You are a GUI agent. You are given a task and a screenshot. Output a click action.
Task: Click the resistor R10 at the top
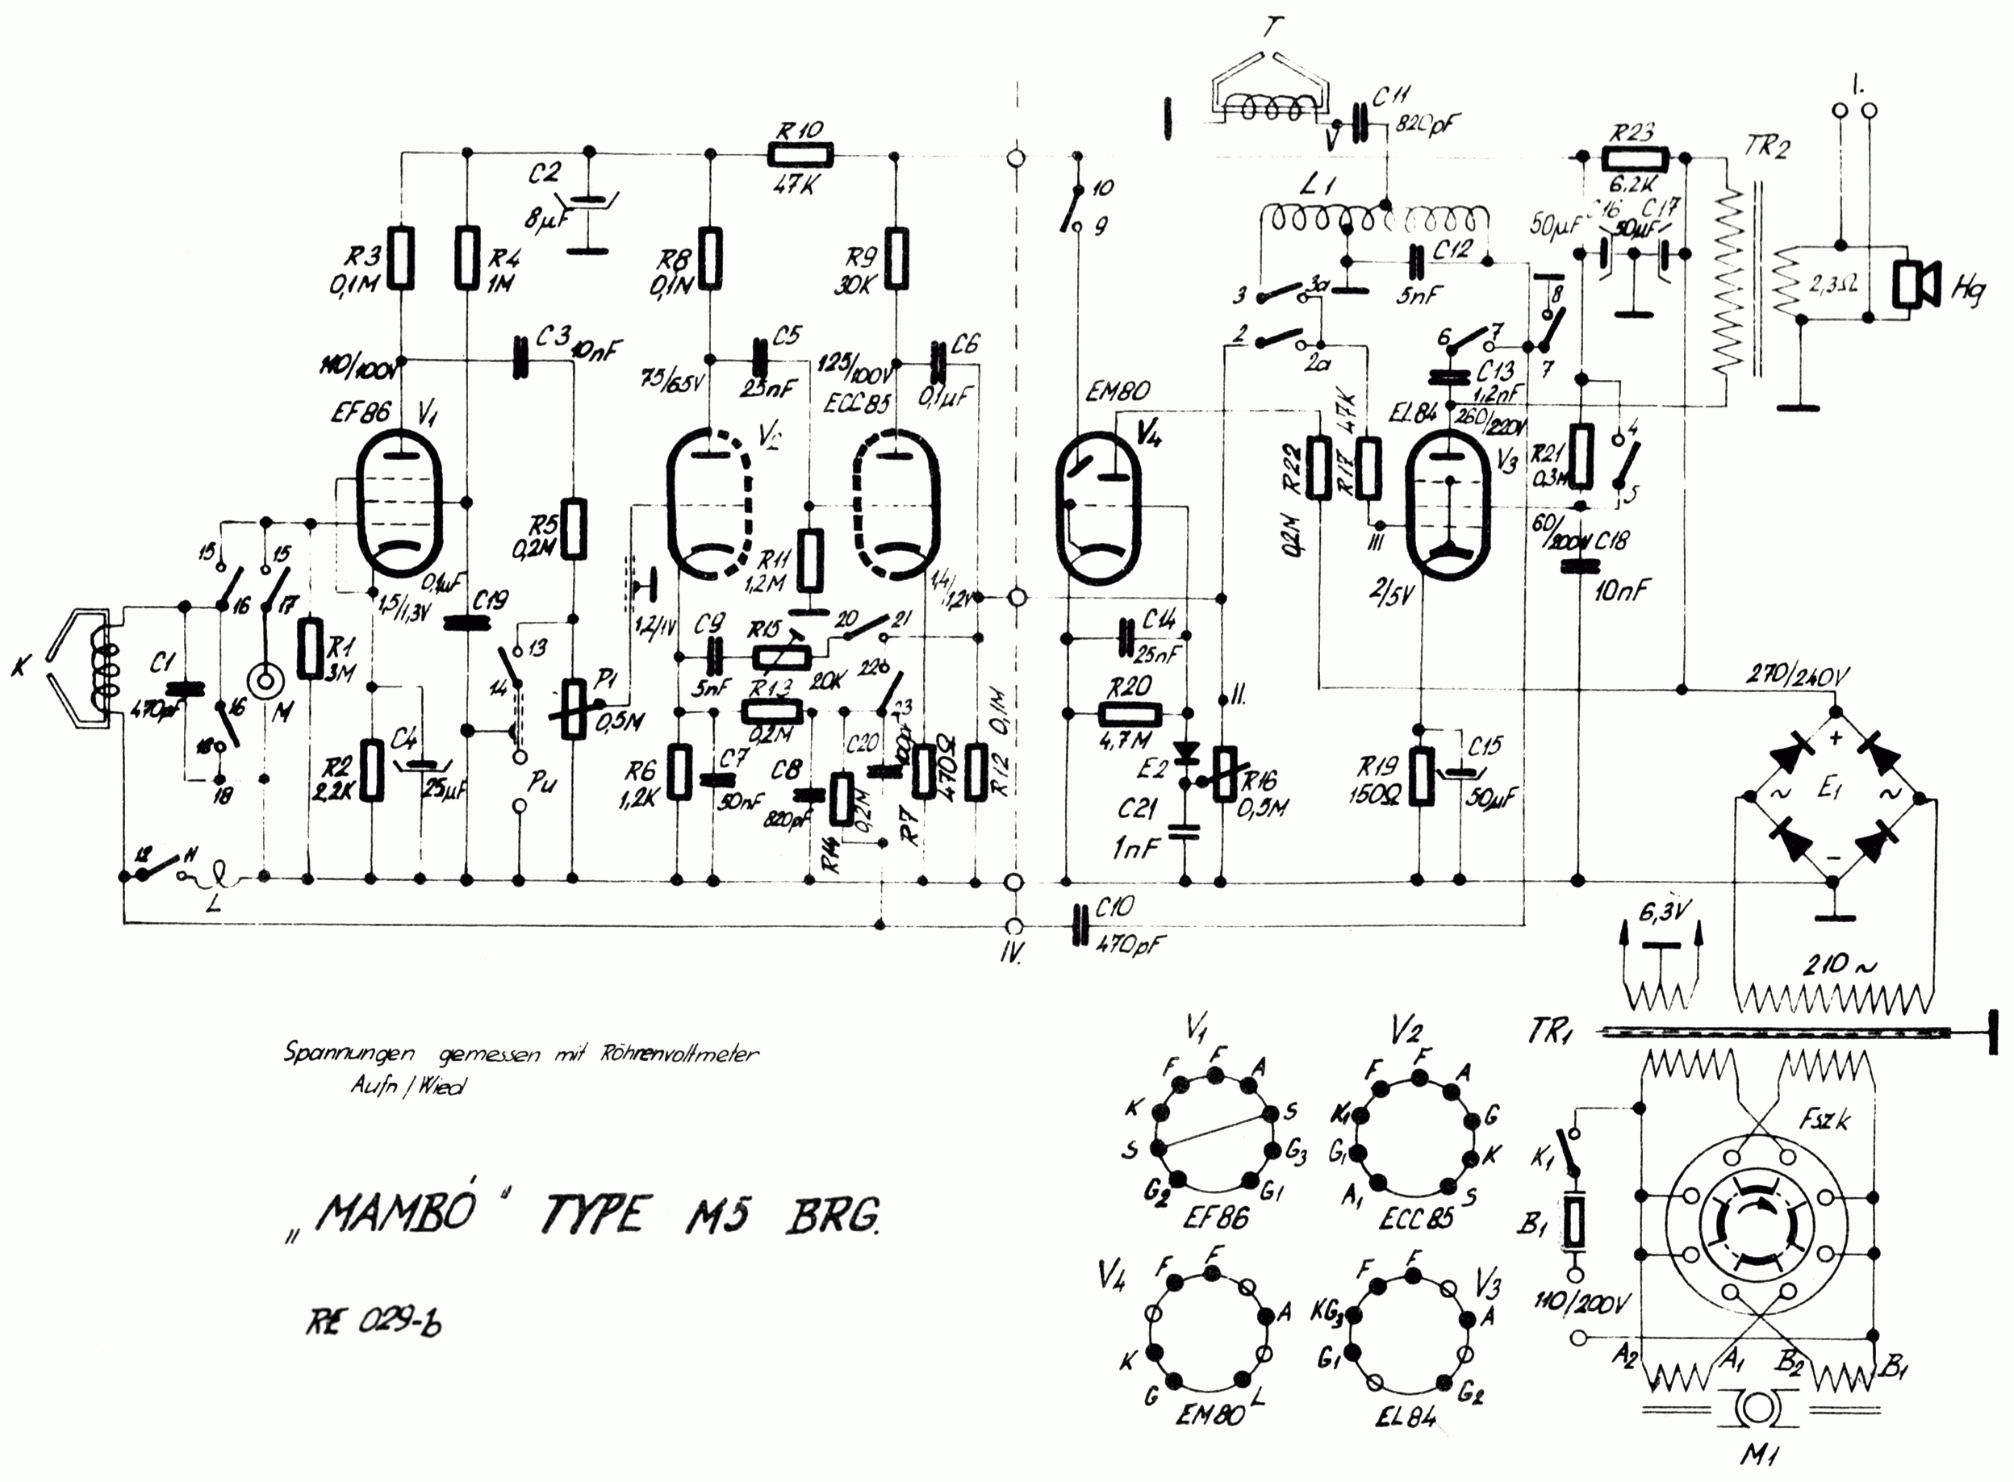801,155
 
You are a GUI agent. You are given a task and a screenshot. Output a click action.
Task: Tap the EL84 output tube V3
1446,503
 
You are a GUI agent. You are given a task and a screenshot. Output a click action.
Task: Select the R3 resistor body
402,257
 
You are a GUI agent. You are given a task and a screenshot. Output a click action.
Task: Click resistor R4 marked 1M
466,257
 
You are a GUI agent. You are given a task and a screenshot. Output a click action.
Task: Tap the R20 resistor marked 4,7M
1130,714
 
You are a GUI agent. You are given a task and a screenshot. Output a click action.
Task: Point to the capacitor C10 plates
1083,924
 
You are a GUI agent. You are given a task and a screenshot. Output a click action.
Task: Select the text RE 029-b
374,1323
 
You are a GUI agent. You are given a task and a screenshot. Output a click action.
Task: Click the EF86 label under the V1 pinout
1214,1218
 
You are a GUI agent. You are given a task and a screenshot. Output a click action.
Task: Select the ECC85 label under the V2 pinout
1415,1218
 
